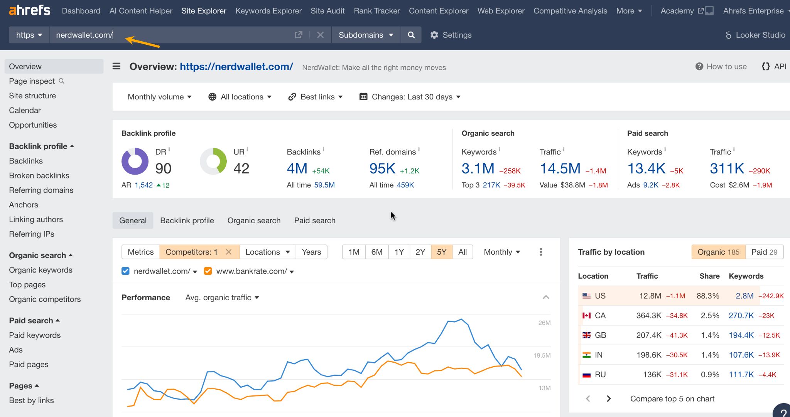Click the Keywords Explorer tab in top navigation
268,11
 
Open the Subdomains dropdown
365,35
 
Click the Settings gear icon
434,35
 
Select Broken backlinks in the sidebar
39,175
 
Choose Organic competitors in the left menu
45,299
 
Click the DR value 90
163,168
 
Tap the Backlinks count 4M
297,168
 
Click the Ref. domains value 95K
382,168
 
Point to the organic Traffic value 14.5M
560,168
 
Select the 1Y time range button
399,252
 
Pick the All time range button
463,252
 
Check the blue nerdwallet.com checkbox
125,271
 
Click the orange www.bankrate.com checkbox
208,271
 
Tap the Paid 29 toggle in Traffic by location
764,252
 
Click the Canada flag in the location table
586,316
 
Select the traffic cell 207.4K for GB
649,335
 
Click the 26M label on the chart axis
544,323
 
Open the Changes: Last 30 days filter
410,97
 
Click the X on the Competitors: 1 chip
229,252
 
